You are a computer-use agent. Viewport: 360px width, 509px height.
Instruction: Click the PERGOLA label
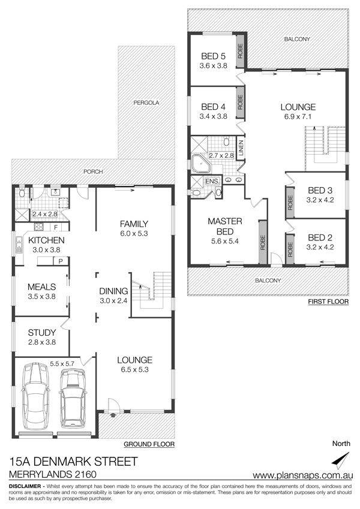click(146, 103)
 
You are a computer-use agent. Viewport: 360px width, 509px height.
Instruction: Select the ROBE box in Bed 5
click(240, 51)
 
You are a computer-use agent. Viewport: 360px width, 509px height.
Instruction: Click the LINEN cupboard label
click(241, 149)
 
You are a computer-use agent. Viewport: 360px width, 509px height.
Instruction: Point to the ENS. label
click(212, 181)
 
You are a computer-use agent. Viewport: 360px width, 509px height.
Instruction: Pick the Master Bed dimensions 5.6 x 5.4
click(224, 241)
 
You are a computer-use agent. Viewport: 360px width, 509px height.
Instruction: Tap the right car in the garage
click(73, 399)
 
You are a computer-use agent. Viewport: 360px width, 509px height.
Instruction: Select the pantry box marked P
click(61, 261)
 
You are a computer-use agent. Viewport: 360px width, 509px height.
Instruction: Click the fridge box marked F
click(56, 227)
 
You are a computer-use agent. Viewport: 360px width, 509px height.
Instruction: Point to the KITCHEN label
click(46, 240)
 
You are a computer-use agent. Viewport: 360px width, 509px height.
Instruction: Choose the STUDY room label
click(41, 332)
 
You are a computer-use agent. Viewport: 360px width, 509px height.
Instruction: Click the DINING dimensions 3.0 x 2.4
click(113, 300)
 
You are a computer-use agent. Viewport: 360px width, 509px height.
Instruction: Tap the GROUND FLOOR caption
click(149, 444)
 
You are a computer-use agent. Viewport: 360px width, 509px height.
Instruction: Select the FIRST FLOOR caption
click(328, 302)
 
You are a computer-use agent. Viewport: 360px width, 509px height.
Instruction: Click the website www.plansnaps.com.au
click(303, 475)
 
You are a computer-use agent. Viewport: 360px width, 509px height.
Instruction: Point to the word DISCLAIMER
click(25, 486)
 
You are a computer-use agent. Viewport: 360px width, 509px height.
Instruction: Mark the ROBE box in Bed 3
click(290, 202)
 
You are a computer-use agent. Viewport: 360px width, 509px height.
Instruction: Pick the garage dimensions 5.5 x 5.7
click(62, 364)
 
